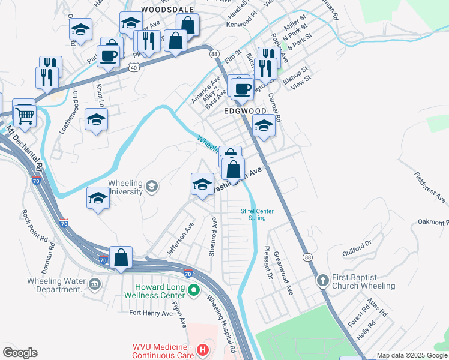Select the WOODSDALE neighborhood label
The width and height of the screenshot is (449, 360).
(159, 10)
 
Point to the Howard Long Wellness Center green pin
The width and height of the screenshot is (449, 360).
(193, 292)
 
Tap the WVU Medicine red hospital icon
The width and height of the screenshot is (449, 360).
(203, 349)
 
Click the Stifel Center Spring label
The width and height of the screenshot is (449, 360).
(258, 214)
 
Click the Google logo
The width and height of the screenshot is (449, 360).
(20, 353)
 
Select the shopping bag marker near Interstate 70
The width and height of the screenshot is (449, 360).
(121, 258)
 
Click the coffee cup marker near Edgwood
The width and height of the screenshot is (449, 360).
(242, 89)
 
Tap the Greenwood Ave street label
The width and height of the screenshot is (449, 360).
(283, 274)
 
